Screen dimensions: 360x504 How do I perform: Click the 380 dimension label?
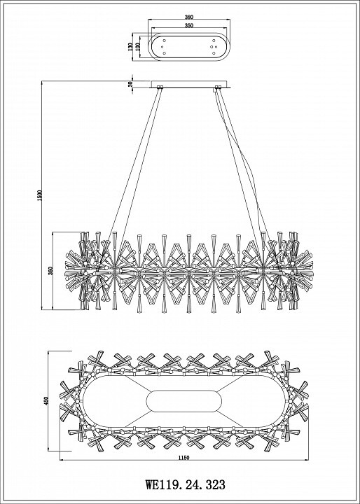click(x=189, y=17)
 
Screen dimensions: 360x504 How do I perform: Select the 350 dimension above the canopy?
click(x=189, y=25)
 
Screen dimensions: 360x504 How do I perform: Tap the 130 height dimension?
click(x=130, y=47)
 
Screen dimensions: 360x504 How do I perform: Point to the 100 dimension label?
click(x=138, y=47)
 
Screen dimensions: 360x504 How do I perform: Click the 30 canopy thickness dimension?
click(x=130, y=84)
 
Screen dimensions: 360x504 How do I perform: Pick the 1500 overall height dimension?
click(x=39, y=195)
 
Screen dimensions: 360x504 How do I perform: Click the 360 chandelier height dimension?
click(x=50, y=271)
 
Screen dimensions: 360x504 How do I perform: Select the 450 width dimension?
click(x=46, y=401)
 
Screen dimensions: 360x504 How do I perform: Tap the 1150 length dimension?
click(x=184, y=458)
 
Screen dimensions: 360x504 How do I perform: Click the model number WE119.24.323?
click(x=186, y=484)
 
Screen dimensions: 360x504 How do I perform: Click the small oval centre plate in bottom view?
click(x=184, y=401)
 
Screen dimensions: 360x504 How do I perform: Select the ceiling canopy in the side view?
click(x=189, y=84)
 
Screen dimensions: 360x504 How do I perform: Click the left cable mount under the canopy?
click(x=160, y=87)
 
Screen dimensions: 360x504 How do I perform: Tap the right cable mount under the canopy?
click(x=218, y=87)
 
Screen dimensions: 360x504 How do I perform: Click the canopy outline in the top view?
click(x=189, y=33)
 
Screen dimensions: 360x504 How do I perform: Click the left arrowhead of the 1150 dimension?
click(x=62, y=460)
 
